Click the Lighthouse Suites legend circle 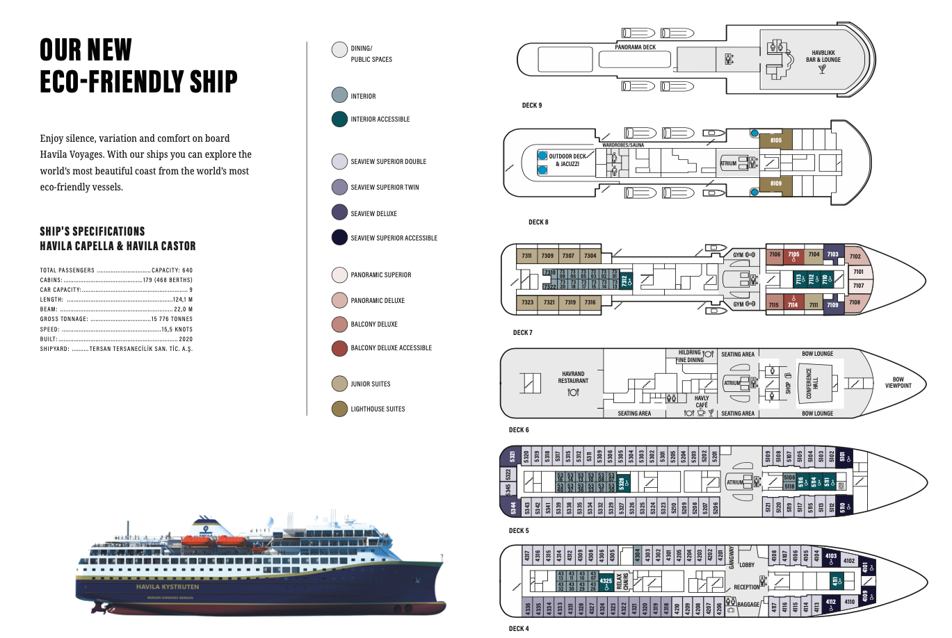(339, 409)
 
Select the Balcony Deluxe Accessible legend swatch (339, 348)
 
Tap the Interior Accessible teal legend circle (339, 119)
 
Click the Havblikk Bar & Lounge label (823, 56)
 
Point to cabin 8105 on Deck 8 (775, 140)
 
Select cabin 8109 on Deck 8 (775, 183)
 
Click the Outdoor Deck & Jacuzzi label (567, 160)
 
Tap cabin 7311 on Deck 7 (527, 256)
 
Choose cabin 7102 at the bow (855, 256)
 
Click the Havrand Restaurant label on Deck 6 (573, 377)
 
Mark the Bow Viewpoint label (898, 383)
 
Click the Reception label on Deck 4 (747, 587)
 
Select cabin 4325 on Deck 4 (606, 581)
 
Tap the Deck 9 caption (532, 106)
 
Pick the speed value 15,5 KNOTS (177, 329)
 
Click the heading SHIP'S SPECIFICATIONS (92, 231)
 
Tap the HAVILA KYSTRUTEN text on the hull (168, 587)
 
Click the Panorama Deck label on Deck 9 (635, 47)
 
